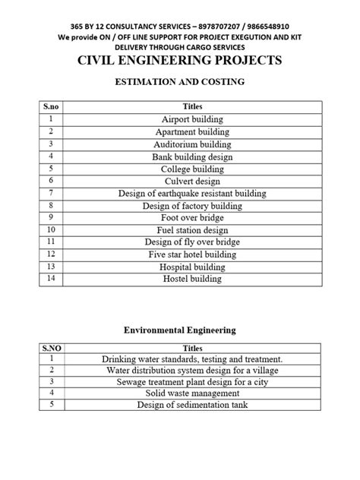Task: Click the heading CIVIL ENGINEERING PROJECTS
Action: coord(180,61)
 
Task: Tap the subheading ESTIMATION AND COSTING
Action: coord(180,84)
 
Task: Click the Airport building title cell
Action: coord(191,120)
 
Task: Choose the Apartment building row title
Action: coord(191,132)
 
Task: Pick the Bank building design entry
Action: coord(191,156)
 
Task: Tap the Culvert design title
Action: coord(191,181)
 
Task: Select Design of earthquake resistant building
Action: coord(191,194)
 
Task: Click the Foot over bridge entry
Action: coord(191,218)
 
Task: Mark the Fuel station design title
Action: coord(191,230)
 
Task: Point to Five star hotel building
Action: coord(191,254)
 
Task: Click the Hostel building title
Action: coord(191,279)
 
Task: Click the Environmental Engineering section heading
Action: coord(180,330)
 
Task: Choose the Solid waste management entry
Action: coord(191,393)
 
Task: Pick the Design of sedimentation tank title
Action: coord(191,405)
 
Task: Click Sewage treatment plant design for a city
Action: coord(191,381)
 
